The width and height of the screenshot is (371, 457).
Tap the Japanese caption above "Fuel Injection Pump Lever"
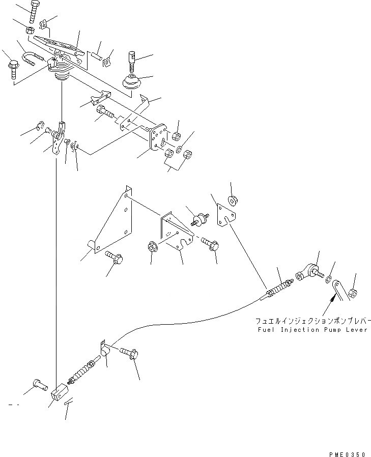(313, 322)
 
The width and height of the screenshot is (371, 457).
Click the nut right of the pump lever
(353, 293)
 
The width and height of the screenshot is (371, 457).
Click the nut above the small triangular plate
(232, 201)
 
